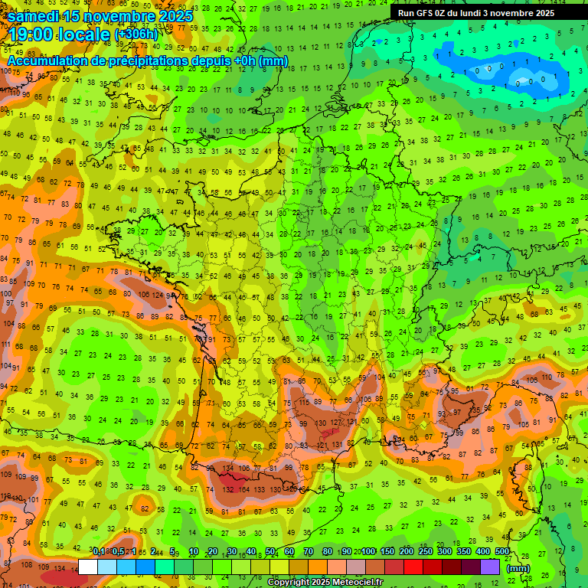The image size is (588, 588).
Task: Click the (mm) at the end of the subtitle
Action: click(x=273, y=60)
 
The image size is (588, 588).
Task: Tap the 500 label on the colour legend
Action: click(x=501, y=552)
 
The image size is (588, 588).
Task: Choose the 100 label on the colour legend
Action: click(x=367, y=552)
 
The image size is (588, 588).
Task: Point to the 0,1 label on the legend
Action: click(x=98, y=552)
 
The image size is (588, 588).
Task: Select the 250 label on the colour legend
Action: click(x=425, y=552)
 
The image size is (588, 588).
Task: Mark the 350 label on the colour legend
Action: click(x=463, y=552)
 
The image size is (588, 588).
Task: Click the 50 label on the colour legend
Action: click(x=269, y=552)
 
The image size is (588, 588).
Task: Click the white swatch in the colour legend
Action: click(x=88, y=567)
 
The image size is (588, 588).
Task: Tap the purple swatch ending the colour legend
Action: click(x=490, y=567)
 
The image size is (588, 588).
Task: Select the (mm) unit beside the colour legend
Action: click(x=518, y=567)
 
